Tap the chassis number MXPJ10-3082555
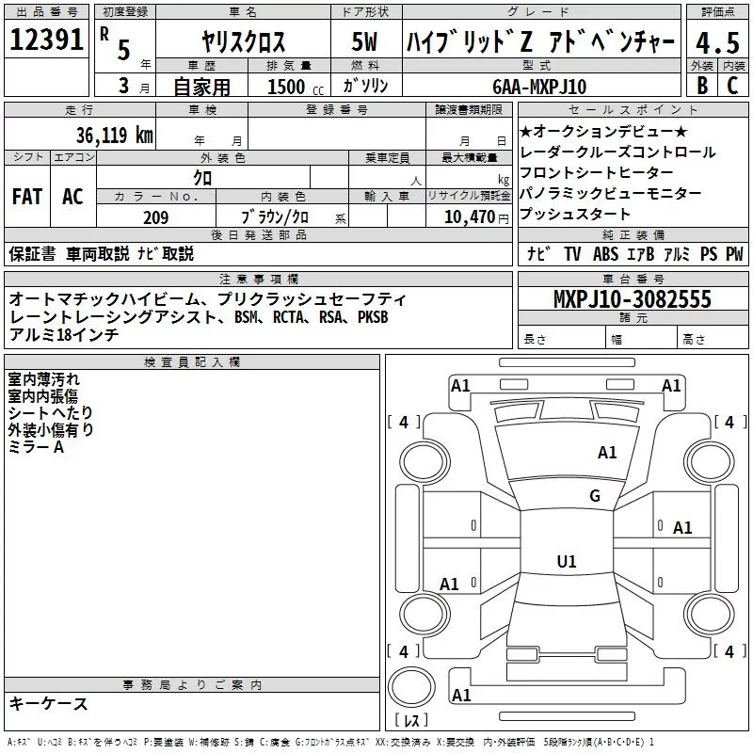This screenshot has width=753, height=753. coord(632,299)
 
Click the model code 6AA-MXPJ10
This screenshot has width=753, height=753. coord(539,87)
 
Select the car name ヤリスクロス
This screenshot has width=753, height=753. coord(244,43)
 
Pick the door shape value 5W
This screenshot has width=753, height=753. coord(366,43)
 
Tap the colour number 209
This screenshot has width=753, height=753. coord(156,217)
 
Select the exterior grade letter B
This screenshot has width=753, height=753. coord(701,86)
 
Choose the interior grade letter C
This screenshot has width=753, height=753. coord(732,86)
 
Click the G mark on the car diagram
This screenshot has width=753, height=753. coord(594,496)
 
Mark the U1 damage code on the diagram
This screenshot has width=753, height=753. coord(566,562)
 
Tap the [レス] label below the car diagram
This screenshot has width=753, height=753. coord(411,721)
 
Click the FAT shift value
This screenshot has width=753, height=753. coord(26,196)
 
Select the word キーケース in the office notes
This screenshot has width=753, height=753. coord(49,703)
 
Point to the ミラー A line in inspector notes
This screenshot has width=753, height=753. coord(36,447)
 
